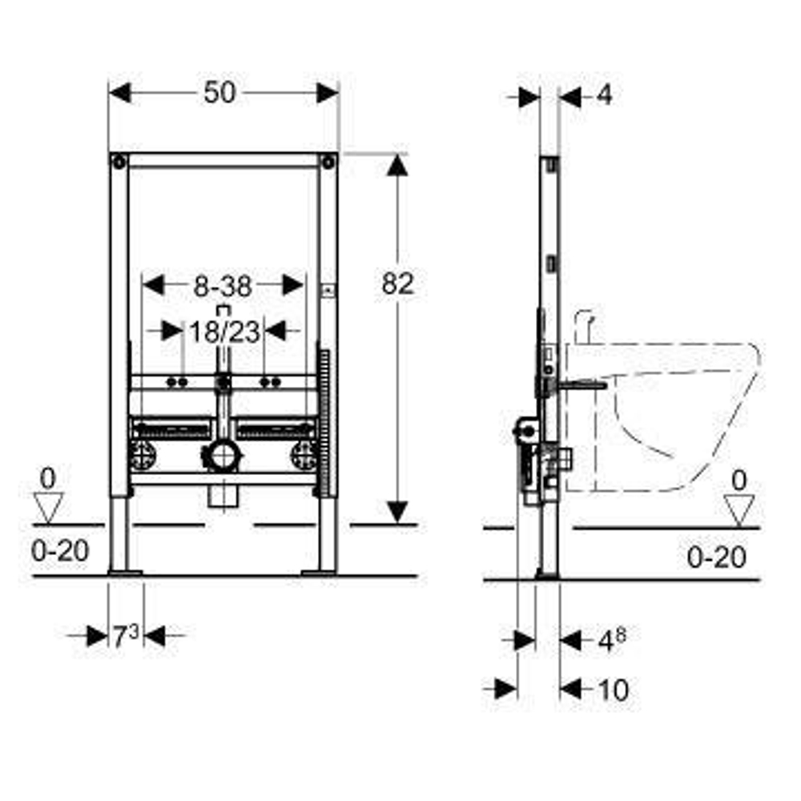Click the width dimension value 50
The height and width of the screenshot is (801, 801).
point(219,93)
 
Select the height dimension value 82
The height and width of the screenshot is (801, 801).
point(398,284)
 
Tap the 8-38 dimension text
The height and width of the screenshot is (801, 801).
point(223,287)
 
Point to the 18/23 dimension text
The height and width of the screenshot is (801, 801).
point(225,332)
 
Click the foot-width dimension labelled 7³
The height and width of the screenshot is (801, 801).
point(126,636)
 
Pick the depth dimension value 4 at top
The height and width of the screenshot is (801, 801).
point(604,95)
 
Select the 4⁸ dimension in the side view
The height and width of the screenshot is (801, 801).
point(611,641)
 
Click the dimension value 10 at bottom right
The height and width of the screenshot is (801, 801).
point(614,690)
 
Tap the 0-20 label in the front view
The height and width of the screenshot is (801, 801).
point(60,551)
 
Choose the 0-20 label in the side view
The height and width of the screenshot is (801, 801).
point(716,557)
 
